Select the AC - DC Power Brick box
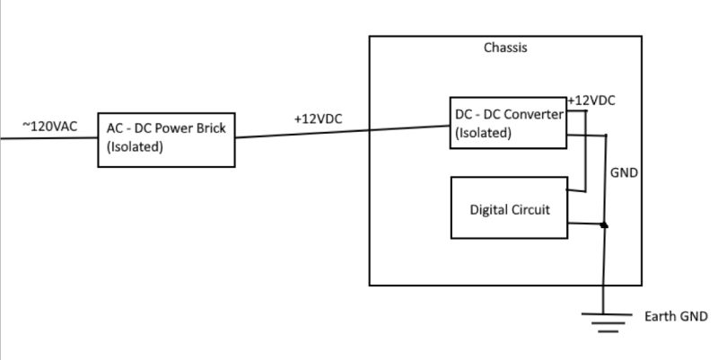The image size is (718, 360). click(x=166, y=138)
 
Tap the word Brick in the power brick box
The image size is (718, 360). click(x=213, y=129)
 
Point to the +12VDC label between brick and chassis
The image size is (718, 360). click(x=319, y=119)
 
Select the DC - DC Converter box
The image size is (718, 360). click(x=508, y=124)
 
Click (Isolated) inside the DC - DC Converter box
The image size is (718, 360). click(x=484, y=133)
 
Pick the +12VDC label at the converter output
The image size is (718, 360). click(x=591, y=101)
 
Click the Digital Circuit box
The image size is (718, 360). click(x=508, y=208)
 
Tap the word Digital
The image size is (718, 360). click(x=490, y=209)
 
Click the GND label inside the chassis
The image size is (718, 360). click(x=625, y=172)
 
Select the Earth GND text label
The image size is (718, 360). click(x=676, y=317)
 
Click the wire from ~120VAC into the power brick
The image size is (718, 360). click(x=48, y=139)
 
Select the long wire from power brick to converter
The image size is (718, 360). click(x=341, y=132)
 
